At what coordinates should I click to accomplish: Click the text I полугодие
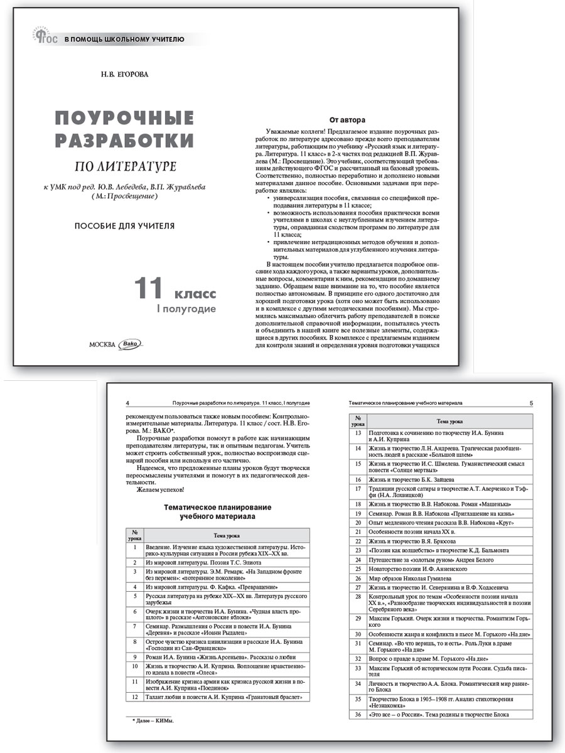[x=186, y=309]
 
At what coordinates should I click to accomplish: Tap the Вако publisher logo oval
[x=131, y=343]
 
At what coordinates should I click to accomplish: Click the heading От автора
[x=348, y=119]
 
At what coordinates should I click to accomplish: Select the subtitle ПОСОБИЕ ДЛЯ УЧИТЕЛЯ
[x=124, y=225]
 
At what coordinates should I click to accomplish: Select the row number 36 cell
[x=358, y=714]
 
